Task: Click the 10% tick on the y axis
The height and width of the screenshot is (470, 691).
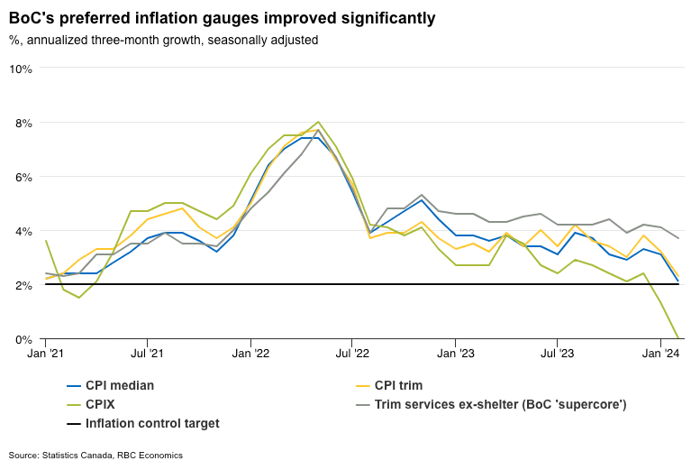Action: tap(21, 69)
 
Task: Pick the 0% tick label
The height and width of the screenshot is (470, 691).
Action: tap(23, 339)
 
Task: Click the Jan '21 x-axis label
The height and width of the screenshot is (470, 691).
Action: tap(45, 355)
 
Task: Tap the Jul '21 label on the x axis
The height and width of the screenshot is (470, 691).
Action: tap(147, 355)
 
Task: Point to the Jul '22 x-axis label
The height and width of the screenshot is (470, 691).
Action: tap(352, 355)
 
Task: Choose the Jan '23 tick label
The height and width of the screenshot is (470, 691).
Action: tap(456, 355)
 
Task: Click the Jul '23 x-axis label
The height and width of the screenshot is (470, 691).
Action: tap(558, 355)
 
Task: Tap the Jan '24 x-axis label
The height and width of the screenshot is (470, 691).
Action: tap(661, 355)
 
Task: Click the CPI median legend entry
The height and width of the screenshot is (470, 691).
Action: tap(119, 385)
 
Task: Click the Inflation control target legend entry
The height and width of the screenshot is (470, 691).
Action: tap(151, 423)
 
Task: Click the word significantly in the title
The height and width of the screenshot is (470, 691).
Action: tap(381, 17)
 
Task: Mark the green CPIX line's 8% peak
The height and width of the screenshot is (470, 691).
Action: tap(318, 122)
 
